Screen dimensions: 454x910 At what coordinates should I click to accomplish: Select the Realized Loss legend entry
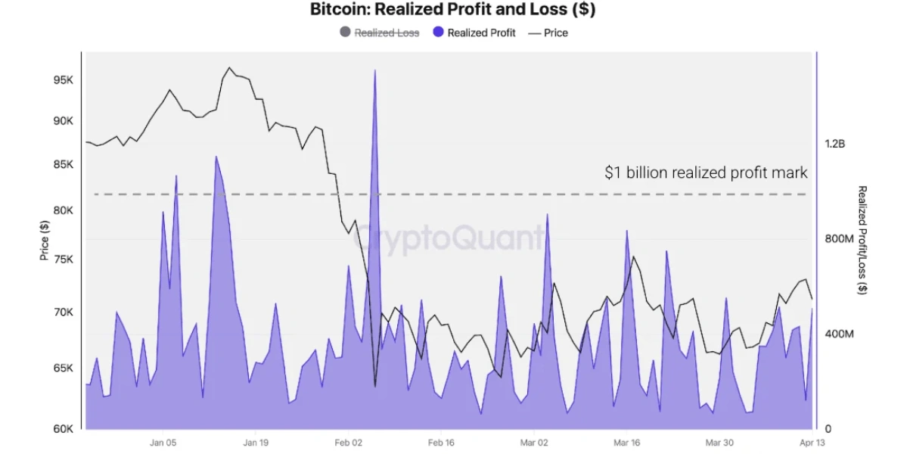386,33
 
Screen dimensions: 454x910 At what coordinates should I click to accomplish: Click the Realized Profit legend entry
481,33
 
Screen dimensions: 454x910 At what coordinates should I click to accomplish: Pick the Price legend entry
555,33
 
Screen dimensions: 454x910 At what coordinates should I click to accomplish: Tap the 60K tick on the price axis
63,429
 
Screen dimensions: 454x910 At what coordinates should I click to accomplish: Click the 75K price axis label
63,260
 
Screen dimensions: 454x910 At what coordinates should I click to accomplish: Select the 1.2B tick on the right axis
837,144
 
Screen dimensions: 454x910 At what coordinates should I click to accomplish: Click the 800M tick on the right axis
838,239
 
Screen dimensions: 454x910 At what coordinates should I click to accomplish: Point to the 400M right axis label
838,334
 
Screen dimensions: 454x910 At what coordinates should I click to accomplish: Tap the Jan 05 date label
163,443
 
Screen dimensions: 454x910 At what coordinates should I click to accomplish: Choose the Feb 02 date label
348,443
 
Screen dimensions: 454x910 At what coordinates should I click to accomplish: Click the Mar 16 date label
626,443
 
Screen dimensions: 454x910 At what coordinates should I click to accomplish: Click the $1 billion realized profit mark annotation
706,173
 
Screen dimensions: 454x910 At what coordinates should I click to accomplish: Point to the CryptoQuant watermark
449,238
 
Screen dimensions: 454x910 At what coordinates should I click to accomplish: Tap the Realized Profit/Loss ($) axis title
862,240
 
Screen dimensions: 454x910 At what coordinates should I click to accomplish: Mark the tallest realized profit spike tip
374,70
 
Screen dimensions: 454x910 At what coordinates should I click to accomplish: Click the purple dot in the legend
438,33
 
